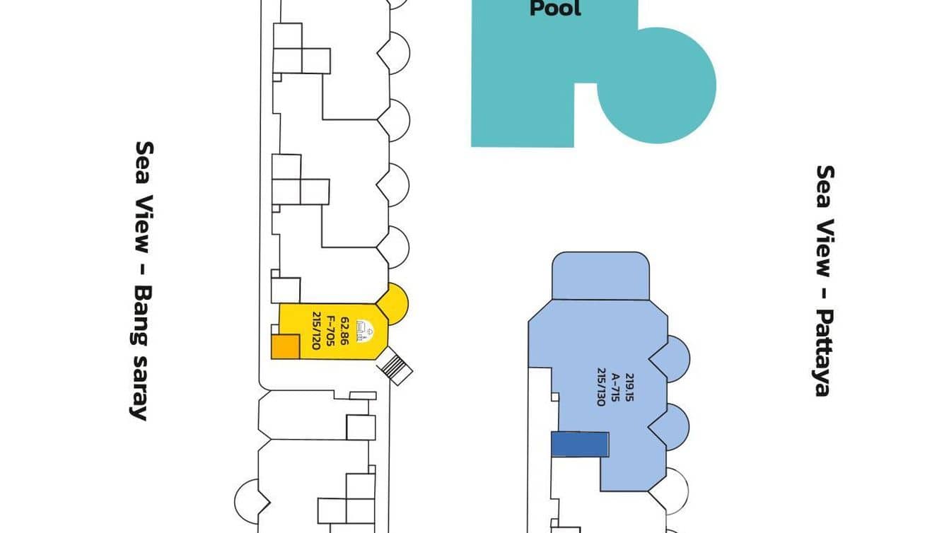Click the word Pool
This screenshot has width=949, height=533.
point(555,8)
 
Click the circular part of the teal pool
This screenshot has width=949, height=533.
point(658,85)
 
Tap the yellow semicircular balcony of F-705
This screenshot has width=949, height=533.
point(395,304)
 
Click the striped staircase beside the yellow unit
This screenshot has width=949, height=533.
point(397,368)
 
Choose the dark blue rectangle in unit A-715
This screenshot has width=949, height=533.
point(579,445)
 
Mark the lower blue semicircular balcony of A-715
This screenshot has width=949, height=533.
point(677,425)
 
